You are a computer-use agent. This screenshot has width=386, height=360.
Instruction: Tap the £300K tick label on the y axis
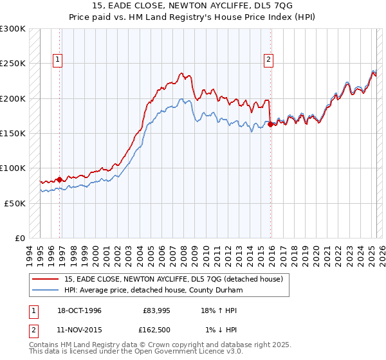tap(13, 29)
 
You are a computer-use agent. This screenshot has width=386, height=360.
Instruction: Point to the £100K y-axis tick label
tap(13, 168)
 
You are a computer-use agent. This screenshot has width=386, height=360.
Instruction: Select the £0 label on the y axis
tap(20, 238)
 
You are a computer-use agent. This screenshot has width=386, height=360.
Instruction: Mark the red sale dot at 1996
tap(60, 179)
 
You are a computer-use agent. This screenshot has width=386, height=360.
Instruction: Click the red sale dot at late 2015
tap(270, 125)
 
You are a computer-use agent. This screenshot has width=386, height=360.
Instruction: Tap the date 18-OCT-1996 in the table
tap(78, 310)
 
